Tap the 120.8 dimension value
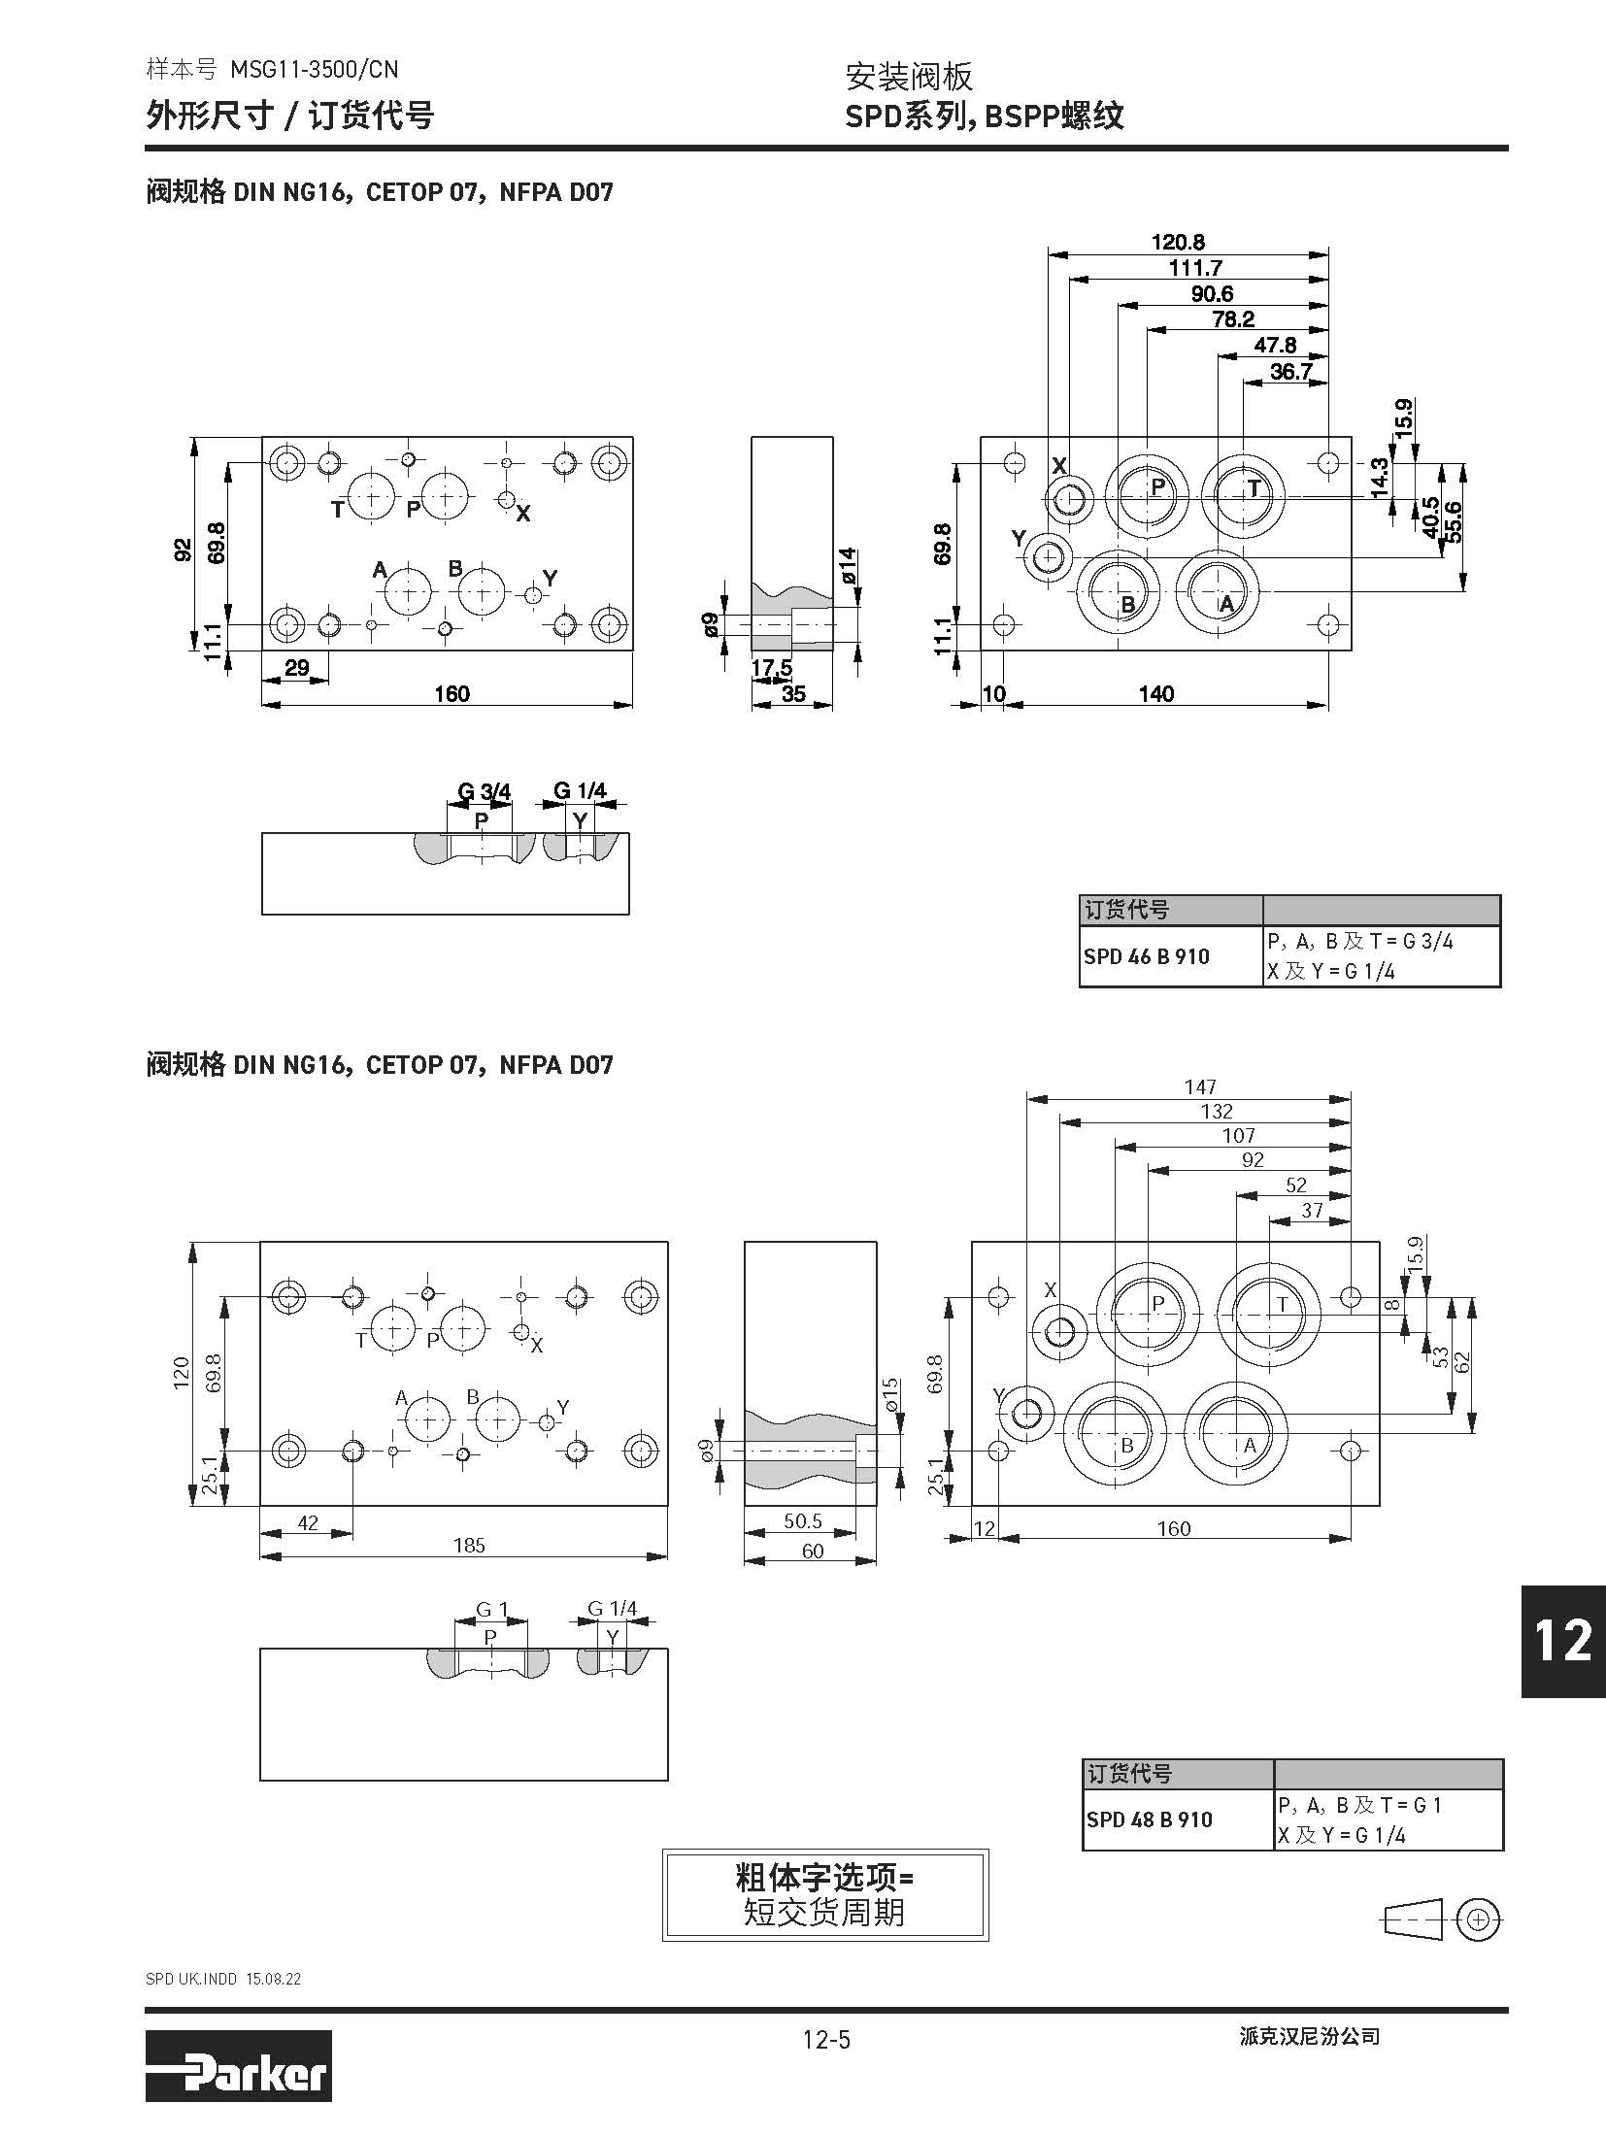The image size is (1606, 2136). tap(1177, 242)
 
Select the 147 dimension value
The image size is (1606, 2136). tap(1200, 1087)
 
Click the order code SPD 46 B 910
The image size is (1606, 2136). tap(1146, 956)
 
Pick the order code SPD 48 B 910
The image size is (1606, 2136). tap(1149, 1819)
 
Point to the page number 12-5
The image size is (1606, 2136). tap(825, 2039)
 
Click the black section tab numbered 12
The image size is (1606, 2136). tap(1562, 1641)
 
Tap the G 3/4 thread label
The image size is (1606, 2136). tap(484, 791)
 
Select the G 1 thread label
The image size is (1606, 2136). tap(491, 1610)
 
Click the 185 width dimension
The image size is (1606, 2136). tap(469, 1545)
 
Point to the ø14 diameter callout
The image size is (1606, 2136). tap(848, 566)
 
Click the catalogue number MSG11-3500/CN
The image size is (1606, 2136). tap(314, 69)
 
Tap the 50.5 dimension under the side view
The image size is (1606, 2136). tap(802, 1521)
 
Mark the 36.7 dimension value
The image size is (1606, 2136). tap(1290, 372)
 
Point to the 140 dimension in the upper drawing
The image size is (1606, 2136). tap(1156, 693)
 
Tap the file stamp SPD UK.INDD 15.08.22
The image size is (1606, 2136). tap(223, 1980)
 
